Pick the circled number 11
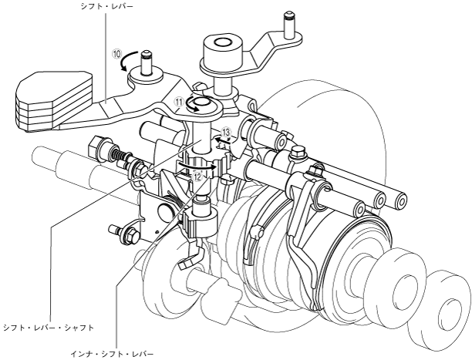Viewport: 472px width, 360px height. [x=178, y=101]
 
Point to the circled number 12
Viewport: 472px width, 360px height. [x=198, y=177]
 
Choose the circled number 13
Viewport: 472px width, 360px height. [x=226, y=132]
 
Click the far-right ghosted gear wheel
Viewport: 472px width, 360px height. [x=443, y=301]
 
